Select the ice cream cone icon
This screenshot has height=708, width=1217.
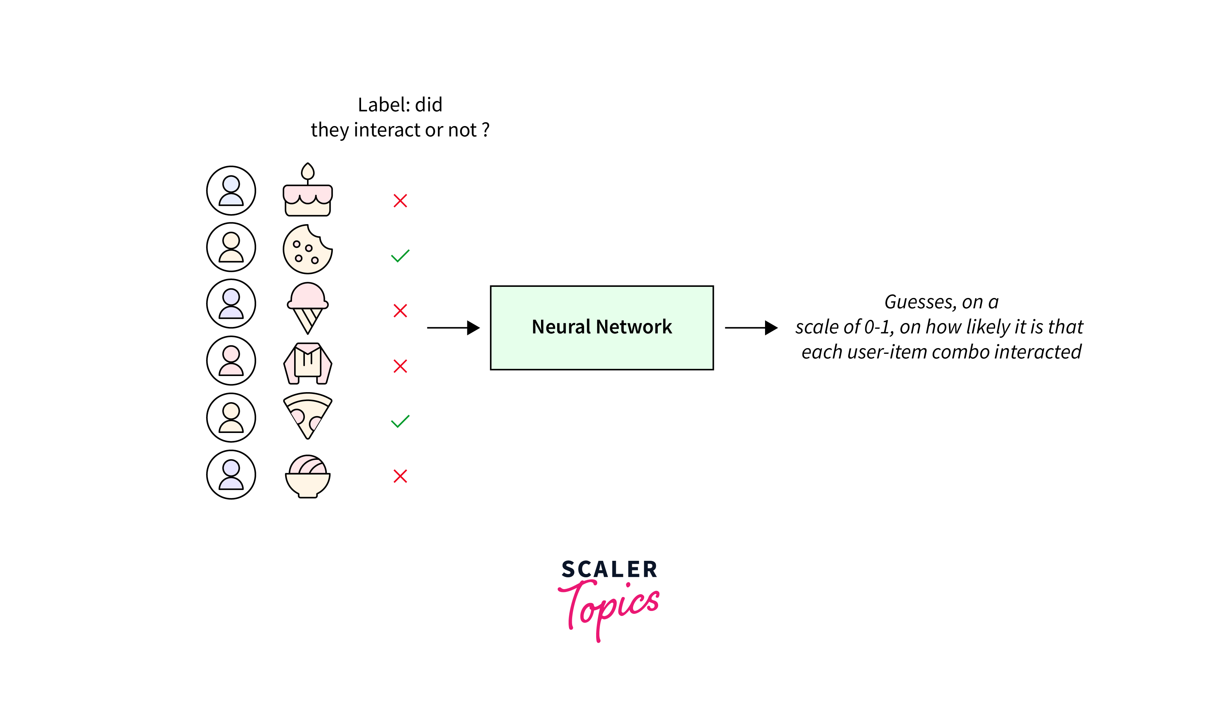click(x=308, y=307)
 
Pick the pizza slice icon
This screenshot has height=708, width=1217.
click(x=308, y=415)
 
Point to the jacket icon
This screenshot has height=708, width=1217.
click(x=308, y=363)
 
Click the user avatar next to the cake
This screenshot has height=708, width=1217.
click(x=231, y=191)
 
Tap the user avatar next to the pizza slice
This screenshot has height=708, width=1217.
click(x=231, y=418)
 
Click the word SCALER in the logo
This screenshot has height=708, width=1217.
click(x=609, y=569)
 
